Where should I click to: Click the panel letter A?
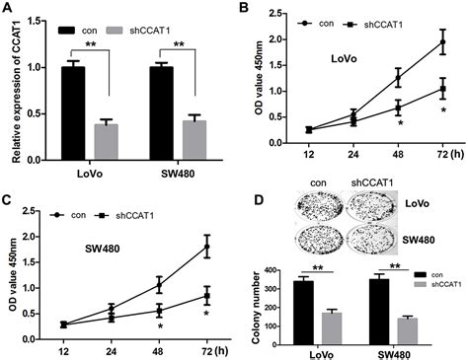(8, 8)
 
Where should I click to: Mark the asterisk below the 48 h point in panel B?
(400, 123)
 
